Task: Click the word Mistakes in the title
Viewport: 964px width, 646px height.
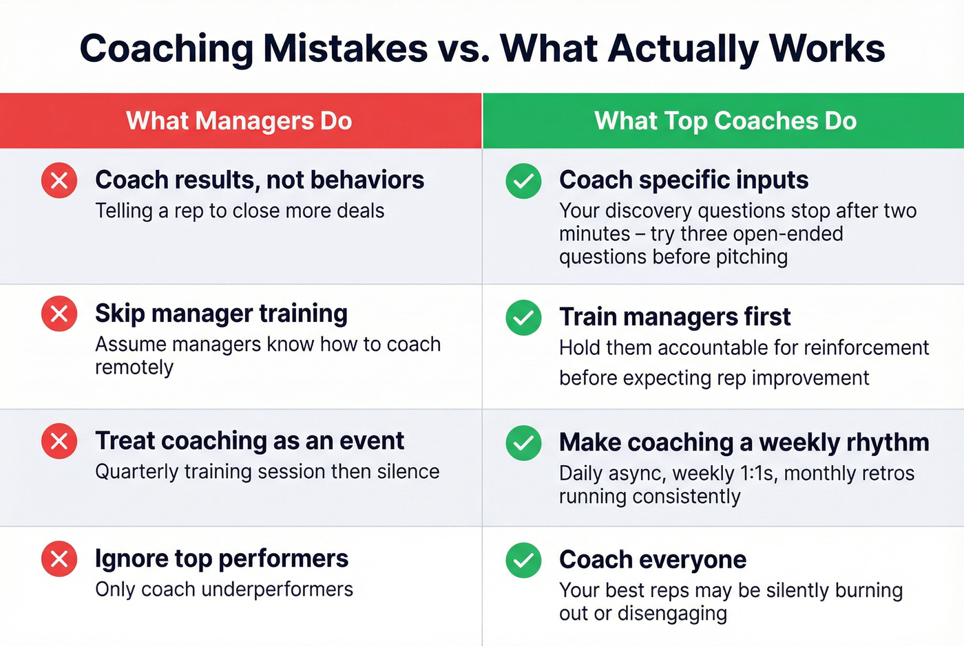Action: tap(346, 50)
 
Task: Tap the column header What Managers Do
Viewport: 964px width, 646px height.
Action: tap(239, 121)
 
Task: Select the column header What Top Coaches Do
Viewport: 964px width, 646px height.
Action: tap(725, 121)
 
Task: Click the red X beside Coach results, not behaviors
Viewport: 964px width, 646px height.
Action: tap(59, 180)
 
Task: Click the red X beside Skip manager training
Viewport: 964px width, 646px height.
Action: tap(59, 314)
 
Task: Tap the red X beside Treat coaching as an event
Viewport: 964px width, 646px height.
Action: tap(59, 441)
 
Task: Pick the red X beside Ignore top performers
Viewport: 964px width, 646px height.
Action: tap(59, 559)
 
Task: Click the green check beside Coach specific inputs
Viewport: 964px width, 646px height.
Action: tap(523, 181)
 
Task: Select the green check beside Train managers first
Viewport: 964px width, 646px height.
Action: tap(523, 317)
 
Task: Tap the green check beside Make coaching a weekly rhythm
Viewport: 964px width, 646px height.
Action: tap(523, 442)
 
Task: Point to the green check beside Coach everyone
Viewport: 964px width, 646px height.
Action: tap(523, 560)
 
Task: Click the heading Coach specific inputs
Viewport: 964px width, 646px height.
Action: tap(684, 180)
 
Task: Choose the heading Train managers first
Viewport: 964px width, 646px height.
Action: tap(675, 317)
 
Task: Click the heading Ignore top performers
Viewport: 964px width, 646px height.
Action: tap(222, 559)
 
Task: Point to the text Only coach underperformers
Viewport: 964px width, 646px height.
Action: tap(224, 590)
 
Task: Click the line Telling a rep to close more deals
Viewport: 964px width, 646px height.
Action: tap(240, 211)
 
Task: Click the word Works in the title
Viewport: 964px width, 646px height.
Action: tap(827, 50)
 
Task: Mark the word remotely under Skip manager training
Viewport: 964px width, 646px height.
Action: tap(134, 367)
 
